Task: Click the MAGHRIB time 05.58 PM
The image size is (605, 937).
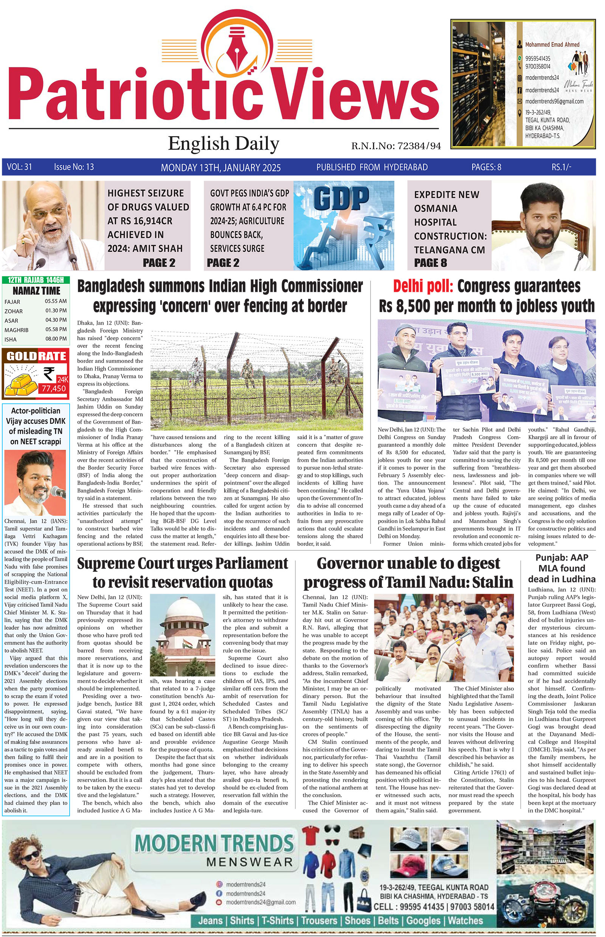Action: click(x=56, y=330)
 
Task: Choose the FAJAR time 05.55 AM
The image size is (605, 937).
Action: click(x=56, y=301)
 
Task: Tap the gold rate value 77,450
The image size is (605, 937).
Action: click(x=54, y=389)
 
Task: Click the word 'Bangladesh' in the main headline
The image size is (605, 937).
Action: click(x=110, y=286)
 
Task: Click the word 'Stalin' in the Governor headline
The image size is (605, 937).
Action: click(x=493, y=582)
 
